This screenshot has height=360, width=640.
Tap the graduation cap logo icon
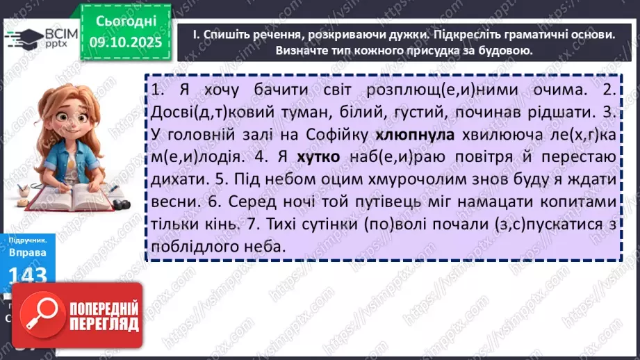click(22, 36)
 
